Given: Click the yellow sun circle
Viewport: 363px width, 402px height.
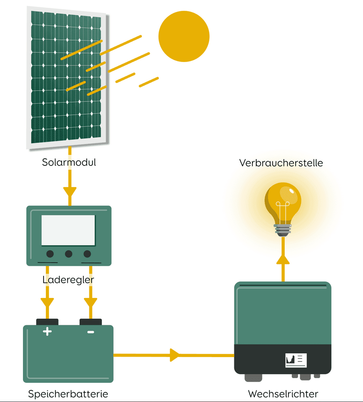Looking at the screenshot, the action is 184,36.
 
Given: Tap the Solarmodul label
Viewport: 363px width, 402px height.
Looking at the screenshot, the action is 69,162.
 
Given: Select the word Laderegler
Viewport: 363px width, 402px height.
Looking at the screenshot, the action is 68,280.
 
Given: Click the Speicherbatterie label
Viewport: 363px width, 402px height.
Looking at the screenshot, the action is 68,394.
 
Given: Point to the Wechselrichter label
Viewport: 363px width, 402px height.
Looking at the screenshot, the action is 283,394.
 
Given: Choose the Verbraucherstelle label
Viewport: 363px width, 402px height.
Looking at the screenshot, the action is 281,163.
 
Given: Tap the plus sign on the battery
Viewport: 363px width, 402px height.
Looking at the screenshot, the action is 47,331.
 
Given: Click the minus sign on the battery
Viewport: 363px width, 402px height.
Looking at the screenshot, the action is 91,332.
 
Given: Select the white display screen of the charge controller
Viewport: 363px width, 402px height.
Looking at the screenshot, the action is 68,230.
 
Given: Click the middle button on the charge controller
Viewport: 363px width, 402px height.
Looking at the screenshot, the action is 68,254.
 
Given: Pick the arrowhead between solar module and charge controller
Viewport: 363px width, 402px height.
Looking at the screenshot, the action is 70,192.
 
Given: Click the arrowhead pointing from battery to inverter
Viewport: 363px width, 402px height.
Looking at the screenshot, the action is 175,355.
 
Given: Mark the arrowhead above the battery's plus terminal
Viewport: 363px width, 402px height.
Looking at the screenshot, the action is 47,303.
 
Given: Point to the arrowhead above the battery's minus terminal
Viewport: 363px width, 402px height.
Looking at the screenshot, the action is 90,303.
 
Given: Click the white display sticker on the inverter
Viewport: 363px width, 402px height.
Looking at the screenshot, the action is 296,360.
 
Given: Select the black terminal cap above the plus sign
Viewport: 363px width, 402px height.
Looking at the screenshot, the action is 47,322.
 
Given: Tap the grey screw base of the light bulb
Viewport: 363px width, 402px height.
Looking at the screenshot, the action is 282,230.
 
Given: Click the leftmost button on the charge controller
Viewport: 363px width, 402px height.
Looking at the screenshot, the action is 50,254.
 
